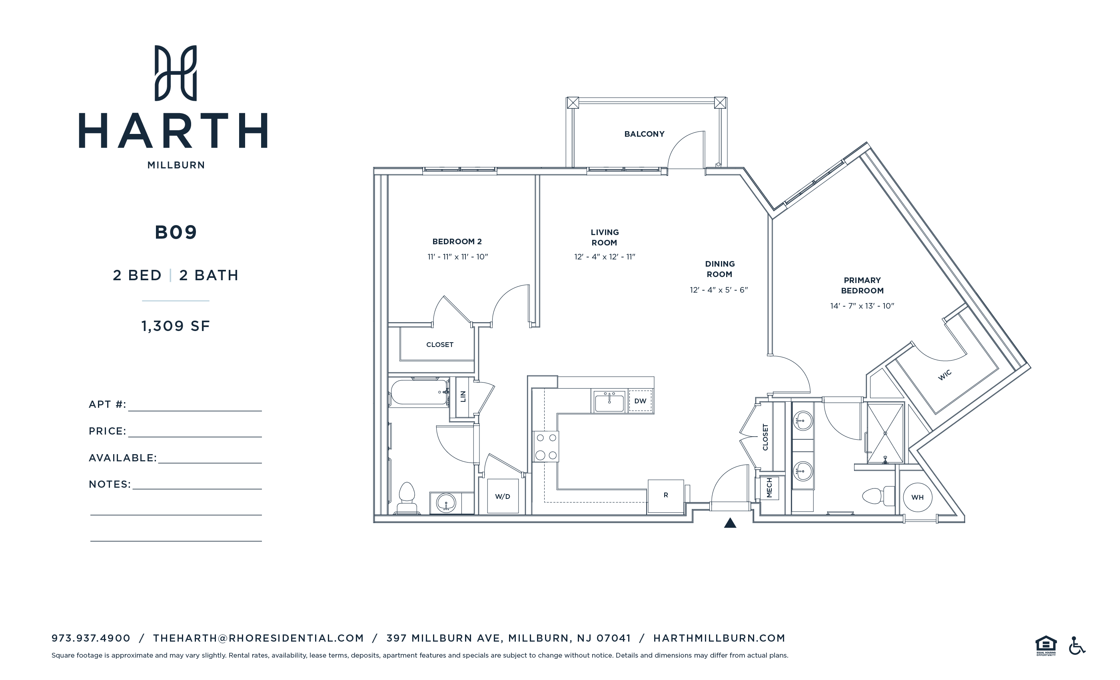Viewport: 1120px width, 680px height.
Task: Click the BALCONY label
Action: pos(644,134)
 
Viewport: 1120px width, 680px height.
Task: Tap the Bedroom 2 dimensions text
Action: pos(457,257)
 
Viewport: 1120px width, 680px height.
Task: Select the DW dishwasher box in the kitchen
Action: pos(640,401)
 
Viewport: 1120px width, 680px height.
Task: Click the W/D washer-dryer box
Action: pos(502,497)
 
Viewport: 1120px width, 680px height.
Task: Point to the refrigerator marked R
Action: pos(665,495)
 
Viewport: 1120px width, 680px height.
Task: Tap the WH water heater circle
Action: pos(917,497)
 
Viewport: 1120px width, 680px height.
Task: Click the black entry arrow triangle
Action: pos(730,523)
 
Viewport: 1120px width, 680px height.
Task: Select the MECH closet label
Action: pos(769,488)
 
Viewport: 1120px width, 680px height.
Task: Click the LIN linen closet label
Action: pos(463,396)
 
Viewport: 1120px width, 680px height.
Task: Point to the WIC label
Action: pos(944,375)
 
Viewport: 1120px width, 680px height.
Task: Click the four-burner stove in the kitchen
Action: pos(546,447)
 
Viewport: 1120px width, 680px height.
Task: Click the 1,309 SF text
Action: pos(176,326)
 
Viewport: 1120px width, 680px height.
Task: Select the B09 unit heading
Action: pos(176,232)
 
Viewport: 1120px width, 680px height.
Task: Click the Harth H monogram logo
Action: pos(176,73)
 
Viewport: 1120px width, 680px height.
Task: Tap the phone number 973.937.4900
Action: pos(91,638)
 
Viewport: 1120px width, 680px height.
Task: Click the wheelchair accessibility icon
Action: pos(1076,646)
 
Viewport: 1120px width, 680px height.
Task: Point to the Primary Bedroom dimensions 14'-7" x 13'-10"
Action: pos(862,306)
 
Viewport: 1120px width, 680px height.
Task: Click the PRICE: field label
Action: pos(107,431)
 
